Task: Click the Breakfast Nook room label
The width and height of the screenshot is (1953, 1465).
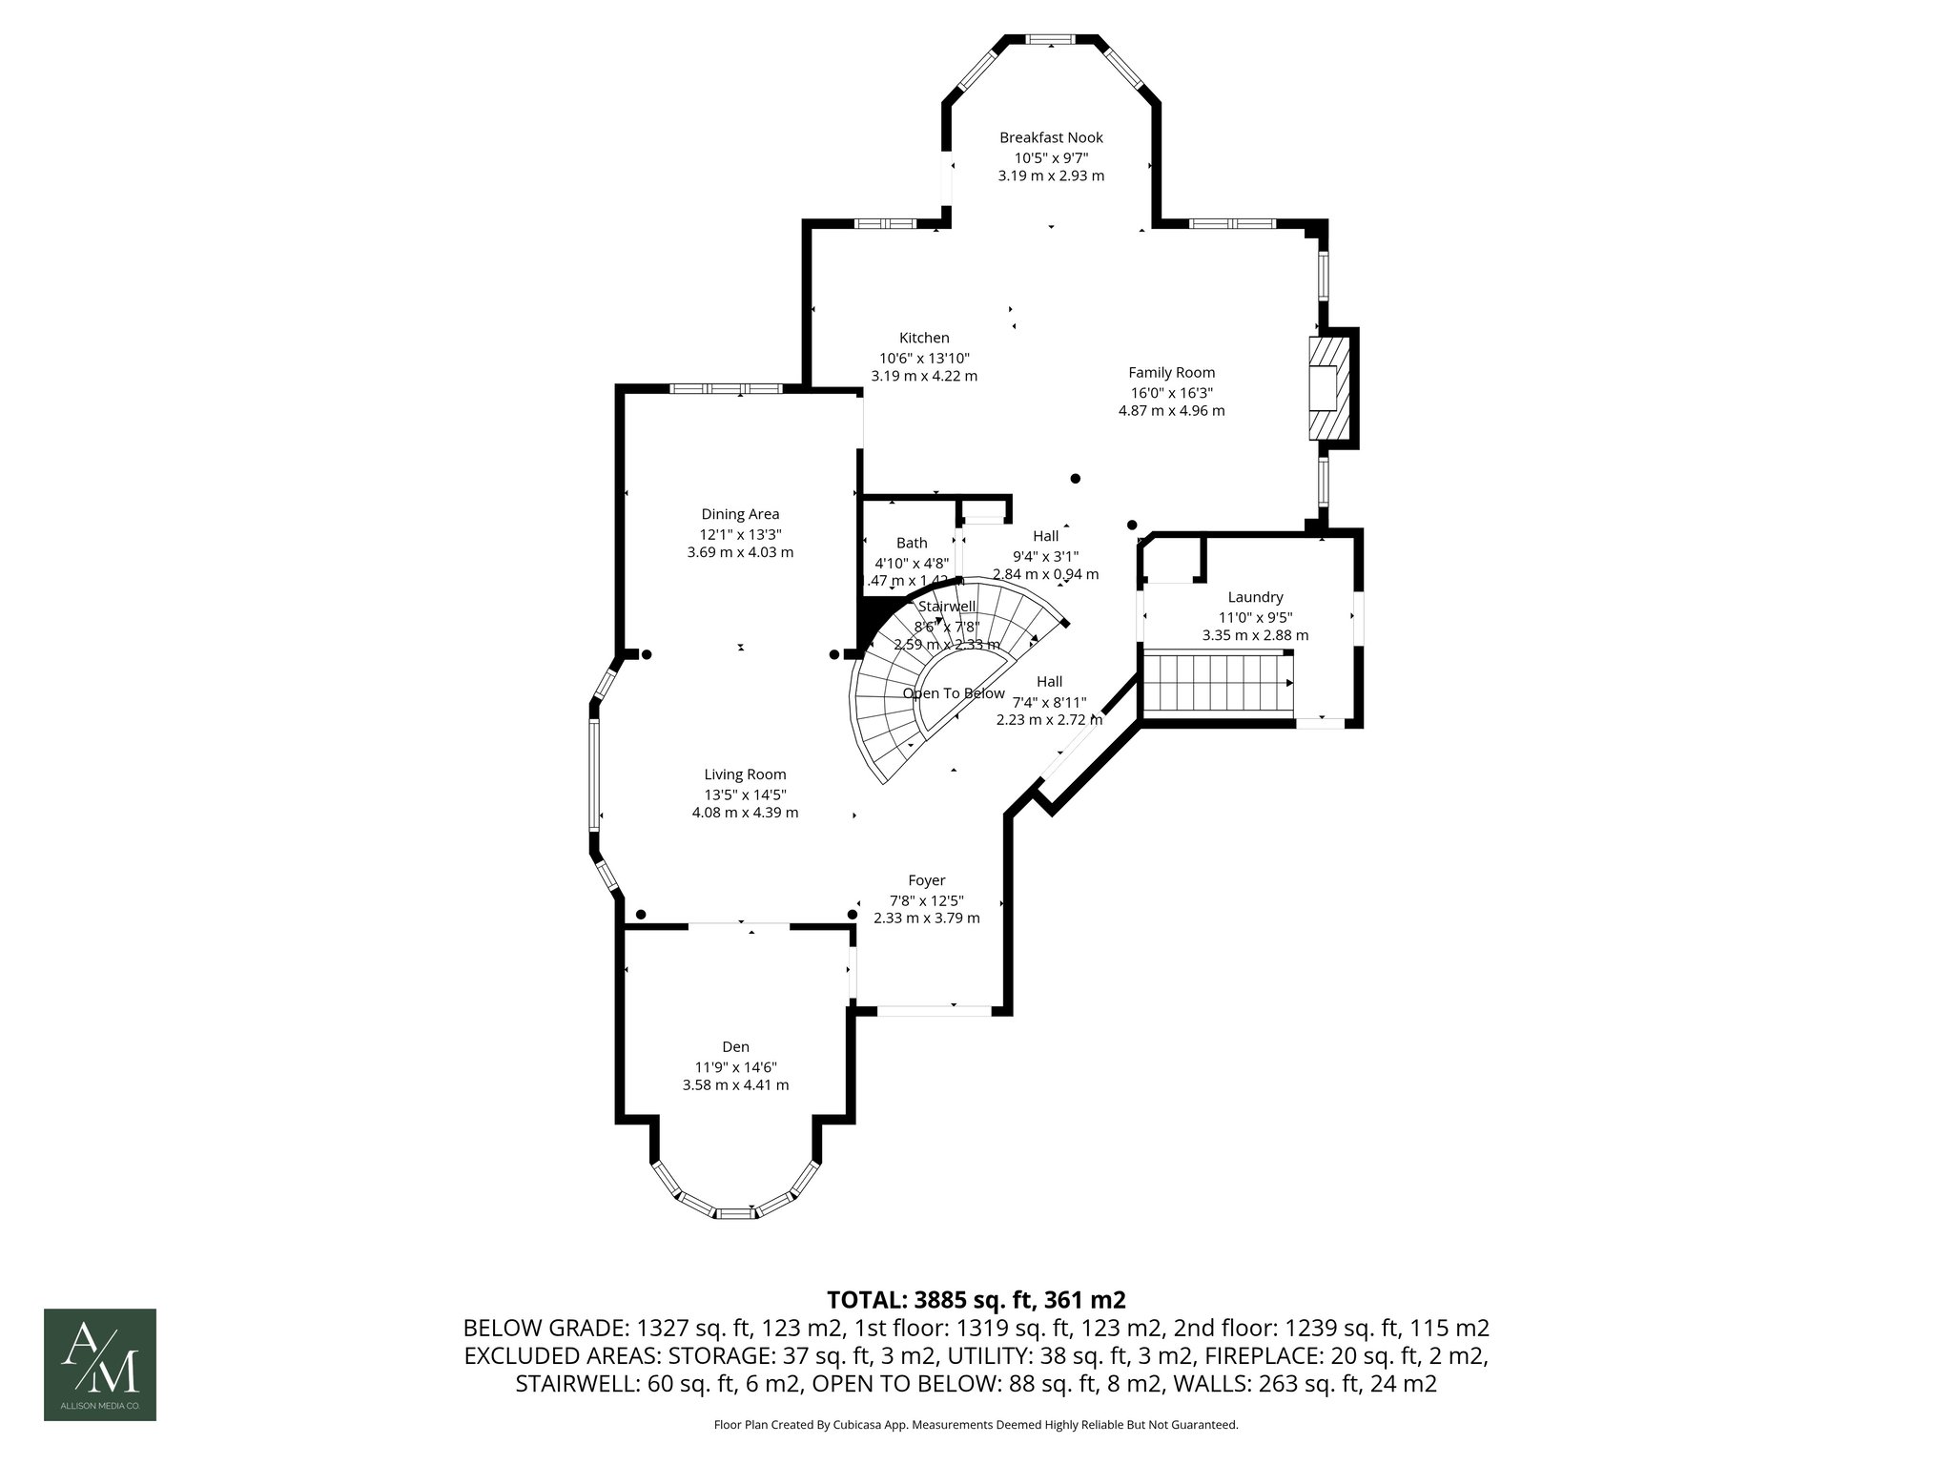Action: pyautogui.click(x=1051, y=137)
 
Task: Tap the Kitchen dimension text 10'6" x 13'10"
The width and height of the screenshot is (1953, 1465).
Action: pyautogui.click(x=923, y=358)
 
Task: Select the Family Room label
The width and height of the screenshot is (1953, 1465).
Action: pyautogui.click(x=1171, y=373)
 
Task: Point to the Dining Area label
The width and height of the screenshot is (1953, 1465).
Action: pyautogui.click(x=740, y=514)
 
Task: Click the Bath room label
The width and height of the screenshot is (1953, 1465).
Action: pyautogui.click(x=912, y=543)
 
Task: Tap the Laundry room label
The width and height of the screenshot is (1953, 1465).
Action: pyautogui.click(x=1255, y=597)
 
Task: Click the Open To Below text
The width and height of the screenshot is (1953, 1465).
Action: pyautogui.click(x=954, y=693)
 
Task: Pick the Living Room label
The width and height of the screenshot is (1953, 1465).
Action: pyautogui.click(x=745, y=774)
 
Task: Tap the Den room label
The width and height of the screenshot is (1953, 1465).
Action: pyautogui.click(x=735, y=1046)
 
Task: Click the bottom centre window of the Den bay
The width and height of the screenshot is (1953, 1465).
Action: pyautogui.click(x=735, y=1213)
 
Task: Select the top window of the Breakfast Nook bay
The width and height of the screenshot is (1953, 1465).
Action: pyautogui.click(x=1051, y=39)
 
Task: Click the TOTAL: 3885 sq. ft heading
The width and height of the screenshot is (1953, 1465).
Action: pyautogui.click(x=976, y=1300)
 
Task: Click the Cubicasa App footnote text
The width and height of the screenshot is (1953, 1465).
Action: pyautogui.click(x=976, y=1425)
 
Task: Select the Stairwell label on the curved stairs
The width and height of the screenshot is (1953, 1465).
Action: pyautogui.click(x=946, y=607)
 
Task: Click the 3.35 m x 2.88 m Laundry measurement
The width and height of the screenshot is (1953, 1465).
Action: pyautogui.click(x=1255, y=635)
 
